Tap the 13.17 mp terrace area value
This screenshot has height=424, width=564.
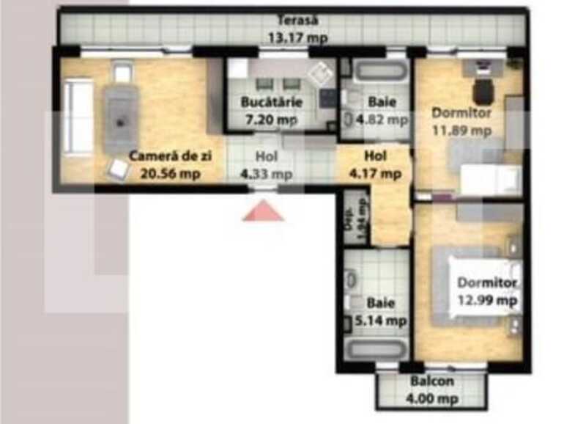[298, 38]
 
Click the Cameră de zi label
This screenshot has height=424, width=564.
[171, 157]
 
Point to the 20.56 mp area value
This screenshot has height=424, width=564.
[171, 175]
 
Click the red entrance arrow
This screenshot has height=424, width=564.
[262, 212]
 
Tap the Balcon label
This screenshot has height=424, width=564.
[432, 381]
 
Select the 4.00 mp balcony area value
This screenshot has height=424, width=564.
[432, 399]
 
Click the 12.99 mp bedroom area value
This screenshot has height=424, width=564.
[488, 300]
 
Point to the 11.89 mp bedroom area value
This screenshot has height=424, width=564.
[461, 131]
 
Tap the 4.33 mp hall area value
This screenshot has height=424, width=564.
[267, 175]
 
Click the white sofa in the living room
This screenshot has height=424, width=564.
[78, 118]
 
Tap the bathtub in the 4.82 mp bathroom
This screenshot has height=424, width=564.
[379, 72]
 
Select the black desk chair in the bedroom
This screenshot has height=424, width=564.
[482, 92]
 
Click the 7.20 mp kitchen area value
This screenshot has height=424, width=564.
[270, 120]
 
